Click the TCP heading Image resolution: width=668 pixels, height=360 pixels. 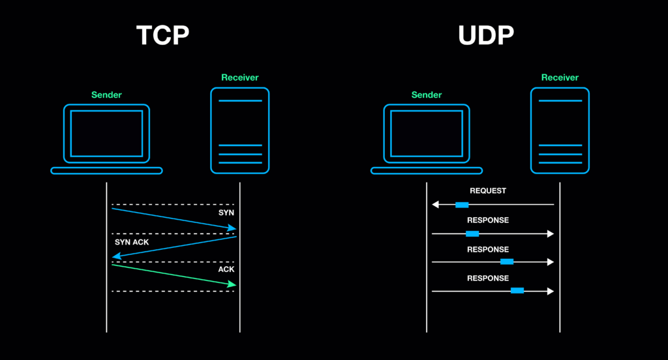click(162, 36)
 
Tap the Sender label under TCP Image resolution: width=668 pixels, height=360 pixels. click(106, 95)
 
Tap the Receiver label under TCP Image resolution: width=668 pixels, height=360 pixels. click(239, 78)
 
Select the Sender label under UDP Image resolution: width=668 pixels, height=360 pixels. click(427, 95)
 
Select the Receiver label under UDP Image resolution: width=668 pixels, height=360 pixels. click(560, 78)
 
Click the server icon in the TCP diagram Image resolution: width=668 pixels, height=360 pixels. click(239, 130)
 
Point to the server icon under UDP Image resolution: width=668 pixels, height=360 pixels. click(560, 130)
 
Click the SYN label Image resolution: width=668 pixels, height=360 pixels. click(226, 213)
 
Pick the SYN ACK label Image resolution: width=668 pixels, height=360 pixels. click(132, 242)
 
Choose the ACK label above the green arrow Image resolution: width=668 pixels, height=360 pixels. click(226, 269)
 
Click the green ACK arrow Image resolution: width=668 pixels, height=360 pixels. click(173, 275)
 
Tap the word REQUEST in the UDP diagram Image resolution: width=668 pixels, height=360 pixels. click(487, 191)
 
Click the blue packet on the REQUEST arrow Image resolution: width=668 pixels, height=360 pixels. click(462, 205)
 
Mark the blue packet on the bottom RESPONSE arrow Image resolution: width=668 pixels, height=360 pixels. click(517, 290)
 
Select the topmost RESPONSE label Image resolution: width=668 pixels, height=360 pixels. click(487, 220)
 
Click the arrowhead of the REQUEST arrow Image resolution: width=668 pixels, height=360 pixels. click(436, 205)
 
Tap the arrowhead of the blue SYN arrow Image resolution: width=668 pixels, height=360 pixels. click(232, 228)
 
